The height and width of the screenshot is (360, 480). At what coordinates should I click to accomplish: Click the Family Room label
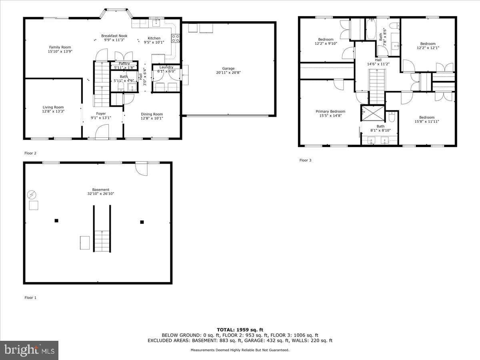[60, 47]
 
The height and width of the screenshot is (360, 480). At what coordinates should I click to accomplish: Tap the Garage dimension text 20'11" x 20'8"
[228, 72]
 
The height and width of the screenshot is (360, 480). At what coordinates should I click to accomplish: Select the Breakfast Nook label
[114, 36]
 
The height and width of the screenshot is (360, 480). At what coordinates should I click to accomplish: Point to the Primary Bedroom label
[330, 112]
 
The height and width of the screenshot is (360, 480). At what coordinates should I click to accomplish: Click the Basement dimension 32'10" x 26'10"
[100, 194]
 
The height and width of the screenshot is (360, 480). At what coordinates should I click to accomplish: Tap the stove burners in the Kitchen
[175, 38]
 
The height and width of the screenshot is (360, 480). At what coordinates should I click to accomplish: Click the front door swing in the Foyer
[102, 132]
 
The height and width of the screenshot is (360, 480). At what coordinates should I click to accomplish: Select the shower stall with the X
[373, 113]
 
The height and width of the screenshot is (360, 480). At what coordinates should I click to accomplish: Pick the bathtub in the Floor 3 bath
[371, 29]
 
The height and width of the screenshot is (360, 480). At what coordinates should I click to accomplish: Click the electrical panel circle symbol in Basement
[32, 195]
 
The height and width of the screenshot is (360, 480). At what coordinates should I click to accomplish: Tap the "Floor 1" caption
[30, 298]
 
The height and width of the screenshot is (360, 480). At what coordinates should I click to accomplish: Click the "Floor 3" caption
[305, 160]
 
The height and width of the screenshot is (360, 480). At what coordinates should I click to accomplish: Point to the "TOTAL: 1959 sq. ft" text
[240, 330]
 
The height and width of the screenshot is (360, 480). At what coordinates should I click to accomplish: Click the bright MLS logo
[29, 350]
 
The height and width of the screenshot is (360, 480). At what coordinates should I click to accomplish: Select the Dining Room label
[152, 114]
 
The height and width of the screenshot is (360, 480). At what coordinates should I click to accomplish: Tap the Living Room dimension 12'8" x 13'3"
[53, 111]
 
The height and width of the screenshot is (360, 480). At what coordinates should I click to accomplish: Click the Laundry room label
[166, 67]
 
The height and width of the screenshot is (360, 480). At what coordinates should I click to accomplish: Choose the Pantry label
[124, 63]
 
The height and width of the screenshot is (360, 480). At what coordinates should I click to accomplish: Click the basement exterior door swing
[142, 169]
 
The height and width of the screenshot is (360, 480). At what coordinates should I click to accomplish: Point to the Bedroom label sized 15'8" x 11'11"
[427, 117]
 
